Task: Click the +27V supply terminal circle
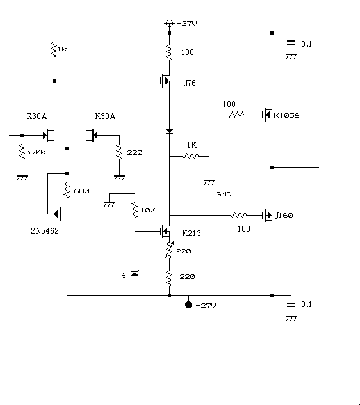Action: coord(169,23)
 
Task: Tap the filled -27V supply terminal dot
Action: coord(188,305)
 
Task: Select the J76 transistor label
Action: coord(190,83)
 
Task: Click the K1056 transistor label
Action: coord(286,115)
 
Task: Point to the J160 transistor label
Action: coord(284,215)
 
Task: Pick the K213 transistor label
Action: coord(192,234)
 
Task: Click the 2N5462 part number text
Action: coord(45,231)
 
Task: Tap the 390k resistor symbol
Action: coord(22,152)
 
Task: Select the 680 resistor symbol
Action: coord(67,191)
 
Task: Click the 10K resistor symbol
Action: coord(135,210)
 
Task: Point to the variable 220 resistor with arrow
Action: coord(169,250)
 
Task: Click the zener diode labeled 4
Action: coord(135,273)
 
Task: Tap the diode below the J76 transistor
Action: coord(169,132)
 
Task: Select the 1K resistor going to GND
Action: coord(191,156)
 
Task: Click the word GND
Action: coord(224,195)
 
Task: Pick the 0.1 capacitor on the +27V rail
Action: coord(291,43)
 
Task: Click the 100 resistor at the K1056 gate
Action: coord(236,115)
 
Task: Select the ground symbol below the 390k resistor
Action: coord(22,178)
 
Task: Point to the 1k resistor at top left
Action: coord(54,49)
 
